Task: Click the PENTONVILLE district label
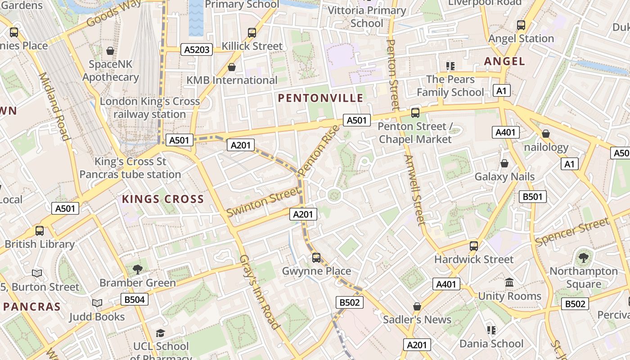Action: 320,98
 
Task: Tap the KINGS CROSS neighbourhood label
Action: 163,199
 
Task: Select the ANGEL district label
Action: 504,61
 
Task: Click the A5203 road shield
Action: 197,49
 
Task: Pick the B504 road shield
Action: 134,299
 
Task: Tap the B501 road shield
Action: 533,197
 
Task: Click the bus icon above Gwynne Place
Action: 316,257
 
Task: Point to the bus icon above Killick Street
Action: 252,32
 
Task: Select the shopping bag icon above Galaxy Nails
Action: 504,163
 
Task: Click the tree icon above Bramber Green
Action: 137,270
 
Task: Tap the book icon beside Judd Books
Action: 97,303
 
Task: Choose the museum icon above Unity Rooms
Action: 509,283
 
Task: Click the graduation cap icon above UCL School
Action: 160,333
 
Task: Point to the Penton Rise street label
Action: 318,151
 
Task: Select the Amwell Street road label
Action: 414,190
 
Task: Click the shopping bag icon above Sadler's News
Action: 417,306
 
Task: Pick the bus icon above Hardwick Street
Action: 473,246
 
